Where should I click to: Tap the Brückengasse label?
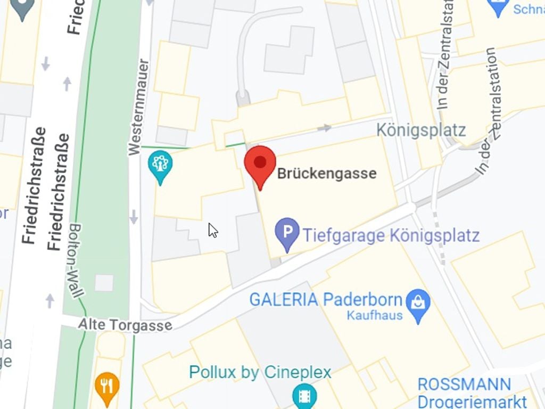click(327, 173)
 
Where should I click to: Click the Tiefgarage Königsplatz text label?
click(391, 235)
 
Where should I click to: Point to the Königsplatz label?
click(421, 130)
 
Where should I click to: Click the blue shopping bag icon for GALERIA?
click(418, 303)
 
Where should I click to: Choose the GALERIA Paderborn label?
click(325, 299)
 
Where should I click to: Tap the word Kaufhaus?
click(375, 315)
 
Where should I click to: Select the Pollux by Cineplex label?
click(260, 372)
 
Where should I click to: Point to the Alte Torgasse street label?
click(125, 324)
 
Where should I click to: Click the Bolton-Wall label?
click(77, 260)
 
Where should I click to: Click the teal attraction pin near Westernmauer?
click(160, 165)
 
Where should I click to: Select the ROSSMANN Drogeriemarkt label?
click(464, 391)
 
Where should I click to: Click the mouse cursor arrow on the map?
click(212, 230)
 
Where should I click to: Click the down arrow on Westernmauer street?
click(134, 217)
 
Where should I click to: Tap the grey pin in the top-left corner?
click(22, 8)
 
